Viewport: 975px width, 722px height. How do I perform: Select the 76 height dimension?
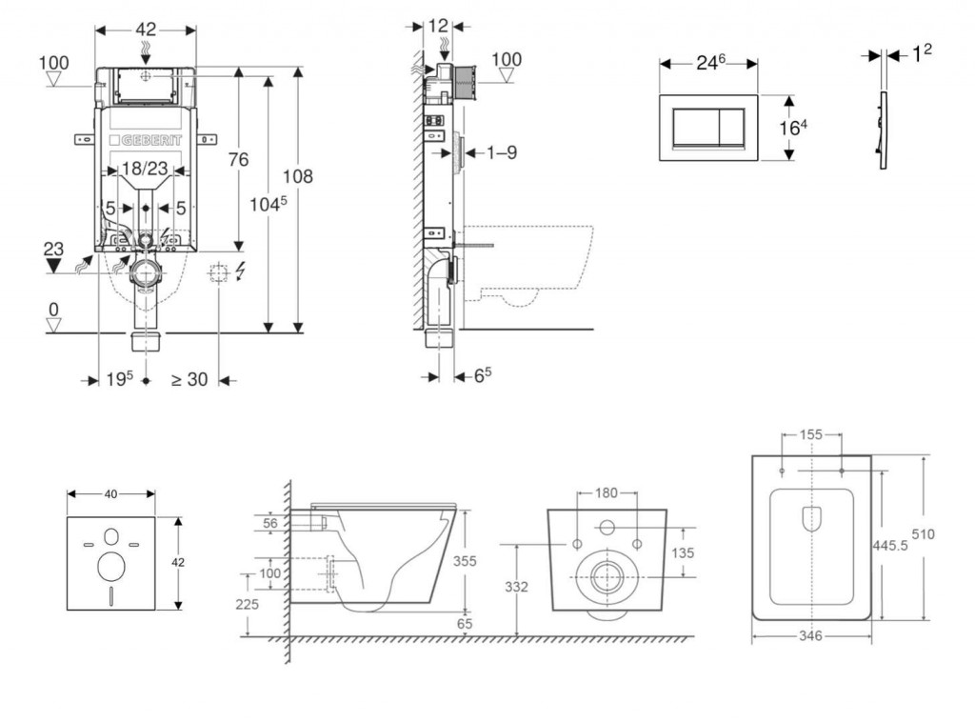[x=238, y=159]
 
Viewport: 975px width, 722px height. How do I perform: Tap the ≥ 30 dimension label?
[x=189, y=379]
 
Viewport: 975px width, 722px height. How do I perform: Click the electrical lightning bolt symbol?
[x=239, y=272]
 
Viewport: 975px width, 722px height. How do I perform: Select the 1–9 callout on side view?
[x=500, y=151]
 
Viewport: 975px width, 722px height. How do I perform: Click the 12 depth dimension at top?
[x=438, y=27]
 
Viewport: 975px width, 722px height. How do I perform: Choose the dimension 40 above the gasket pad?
[x=110, y=493]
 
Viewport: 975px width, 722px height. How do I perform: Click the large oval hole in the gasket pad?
[x=110, y=568]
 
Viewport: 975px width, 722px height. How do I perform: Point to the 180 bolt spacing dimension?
[x=607, y=493]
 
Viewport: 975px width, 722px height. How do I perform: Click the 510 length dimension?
[x=948, y=534]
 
